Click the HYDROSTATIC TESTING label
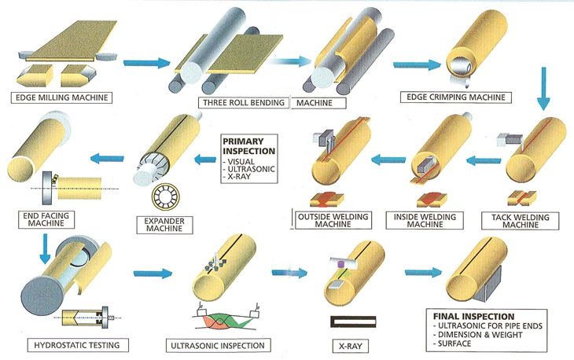click(69, 345)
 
